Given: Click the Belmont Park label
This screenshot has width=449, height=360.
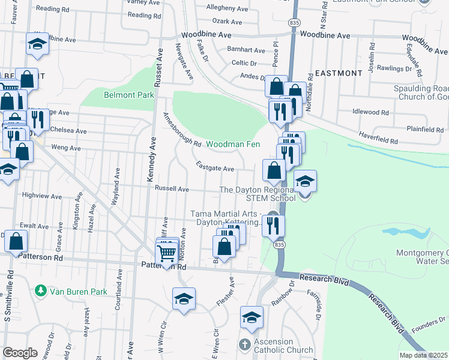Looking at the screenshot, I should (129, 95).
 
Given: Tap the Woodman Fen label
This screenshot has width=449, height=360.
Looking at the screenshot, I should (234, 145).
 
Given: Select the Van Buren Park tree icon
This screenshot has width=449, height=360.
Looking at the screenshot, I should (41, 292).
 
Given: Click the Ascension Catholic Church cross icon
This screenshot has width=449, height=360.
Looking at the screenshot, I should (244, 345).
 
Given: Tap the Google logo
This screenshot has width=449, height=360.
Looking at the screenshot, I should (20, 353).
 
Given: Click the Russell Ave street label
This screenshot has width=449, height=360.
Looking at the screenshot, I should (172, 189).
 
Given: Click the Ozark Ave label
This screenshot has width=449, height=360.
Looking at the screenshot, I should (228, 22).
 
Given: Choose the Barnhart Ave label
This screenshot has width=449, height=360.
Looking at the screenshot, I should (247, 50).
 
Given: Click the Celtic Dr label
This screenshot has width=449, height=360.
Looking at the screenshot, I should (244, 63).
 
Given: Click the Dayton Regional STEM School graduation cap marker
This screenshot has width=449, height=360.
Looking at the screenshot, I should (305, 182).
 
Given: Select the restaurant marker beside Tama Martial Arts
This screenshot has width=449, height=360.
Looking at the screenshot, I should (273, 227).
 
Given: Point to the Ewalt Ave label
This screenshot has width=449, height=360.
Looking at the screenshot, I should (34, 226).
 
